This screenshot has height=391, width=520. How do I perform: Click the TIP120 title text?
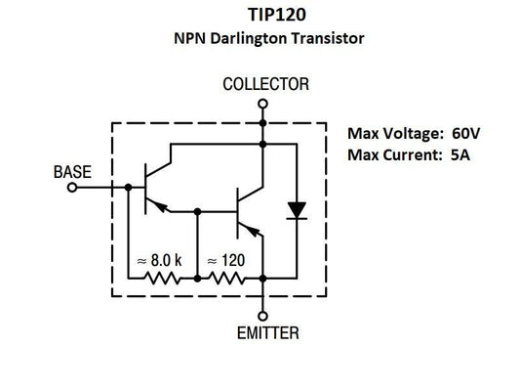click(x=260, y=17)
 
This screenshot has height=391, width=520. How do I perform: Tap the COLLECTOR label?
click(x=263, y=85)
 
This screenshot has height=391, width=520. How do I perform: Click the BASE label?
click(x=72, y=172)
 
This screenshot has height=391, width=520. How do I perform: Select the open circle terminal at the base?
click(x=71, y=188)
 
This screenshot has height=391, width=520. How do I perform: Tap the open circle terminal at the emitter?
click(x=262, y=315)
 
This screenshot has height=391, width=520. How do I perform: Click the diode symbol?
click(x=294, y=210)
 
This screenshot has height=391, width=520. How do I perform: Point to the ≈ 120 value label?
click(x=224, y=261)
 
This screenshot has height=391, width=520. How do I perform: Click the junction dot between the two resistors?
click(x=197, y=279)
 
